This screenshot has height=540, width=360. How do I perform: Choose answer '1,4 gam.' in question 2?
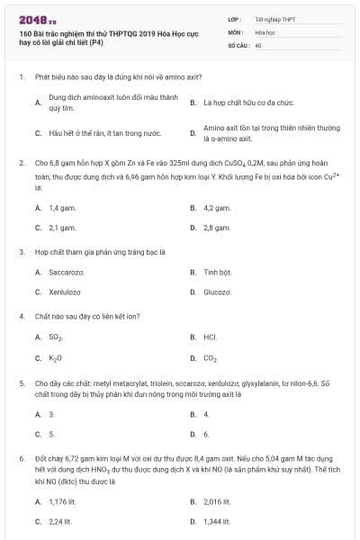(60, 207)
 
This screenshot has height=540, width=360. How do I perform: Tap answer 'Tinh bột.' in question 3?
(217, 271)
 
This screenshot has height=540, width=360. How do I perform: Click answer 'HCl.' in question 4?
(211, 337)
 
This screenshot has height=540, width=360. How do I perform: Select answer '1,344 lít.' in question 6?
(218, 521)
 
